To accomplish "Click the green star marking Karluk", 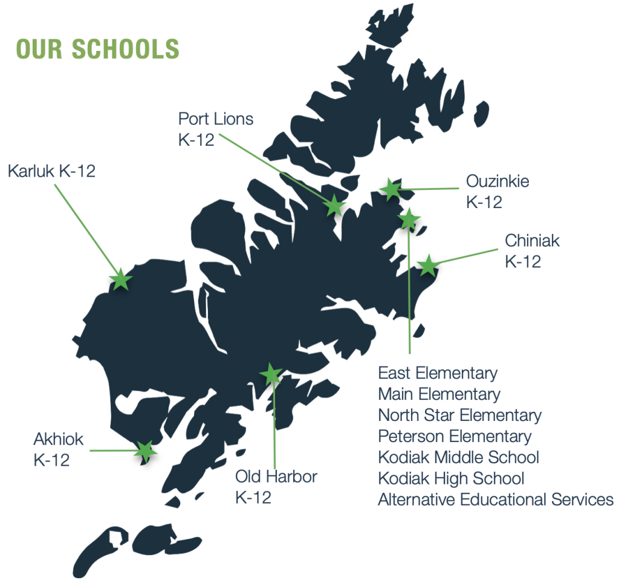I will click(120, 280).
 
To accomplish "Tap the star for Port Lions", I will click(334, 206).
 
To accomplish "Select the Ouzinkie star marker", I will click(391, 190).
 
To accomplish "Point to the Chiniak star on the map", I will click(427, 265).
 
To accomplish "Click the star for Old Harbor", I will click(270, 374).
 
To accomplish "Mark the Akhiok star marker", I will click(144, 451).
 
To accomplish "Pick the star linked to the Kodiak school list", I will click(409, 219).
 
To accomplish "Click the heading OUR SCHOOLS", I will click(98, 49).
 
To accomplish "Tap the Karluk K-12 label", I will click(51, 171).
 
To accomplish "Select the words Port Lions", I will click(216, 119).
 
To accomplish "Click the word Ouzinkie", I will click(497, 181).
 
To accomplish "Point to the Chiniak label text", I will click(533, 241).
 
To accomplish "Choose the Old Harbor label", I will click(276, 477).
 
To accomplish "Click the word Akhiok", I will click(59, 438).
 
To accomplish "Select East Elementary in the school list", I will click(438, 373).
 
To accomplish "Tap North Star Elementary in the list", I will click(459, 415).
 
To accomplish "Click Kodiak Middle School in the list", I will click(458, 457).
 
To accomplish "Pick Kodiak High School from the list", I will click(451, 478).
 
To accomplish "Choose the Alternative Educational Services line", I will click(496, 500).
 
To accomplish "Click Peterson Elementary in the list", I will click(455, 436).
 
